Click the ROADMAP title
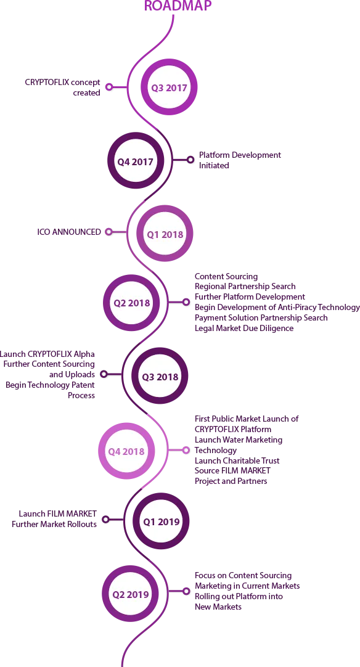pyautogui.click(x=178, y=6)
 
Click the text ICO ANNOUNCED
pyautogui.click(x=69, y=232)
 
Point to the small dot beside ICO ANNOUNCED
pyautogui.click(x=108, y=232)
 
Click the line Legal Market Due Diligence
pyautogui.click(x=244, y=328)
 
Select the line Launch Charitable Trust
pyautogui.click(x=237, y=460)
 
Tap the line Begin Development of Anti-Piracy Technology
pyautogui.click(x=277, y=307)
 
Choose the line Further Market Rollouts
pyautogui.click(x=54, y=524)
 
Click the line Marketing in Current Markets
pyautogui.click(x=247, y=586)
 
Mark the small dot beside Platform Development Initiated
pyautogui.click(x=190, y=160)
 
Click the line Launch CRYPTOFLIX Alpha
pyautogui.click(x=47, y=354)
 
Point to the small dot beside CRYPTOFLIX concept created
pyautogui.click(x=109, y=87)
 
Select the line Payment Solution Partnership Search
pyautogui.click(x=261, y=317)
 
